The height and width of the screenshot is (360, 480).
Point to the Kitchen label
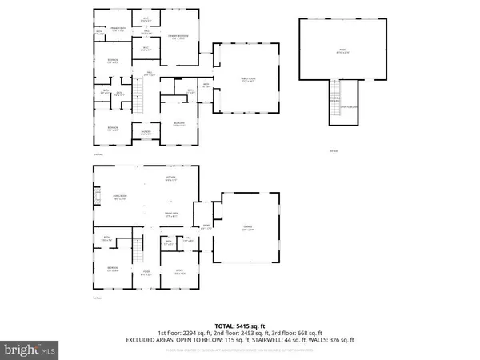coord(170,179)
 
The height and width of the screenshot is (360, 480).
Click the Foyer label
coord(146,272)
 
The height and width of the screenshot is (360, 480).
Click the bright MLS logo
coord(29,349)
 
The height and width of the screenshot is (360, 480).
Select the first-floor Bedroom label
coord(112,270)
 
